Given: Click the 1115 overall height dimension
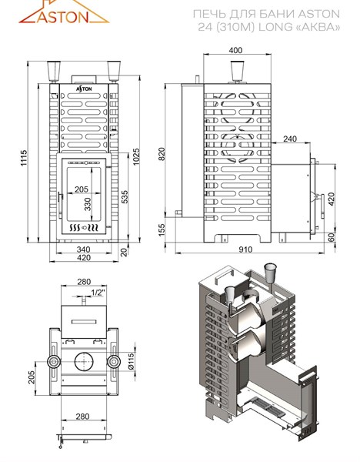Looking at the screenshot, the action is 24,158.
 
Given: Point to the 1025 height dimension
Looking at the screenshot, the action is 136,156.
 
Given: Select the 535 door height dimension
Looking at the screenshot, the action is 125,197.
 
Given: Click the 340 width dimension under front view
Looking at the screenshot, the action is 83,249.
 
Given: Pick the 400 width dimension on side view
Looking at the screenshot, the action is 236,50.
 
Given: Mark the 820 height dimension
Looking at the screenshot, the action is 162,154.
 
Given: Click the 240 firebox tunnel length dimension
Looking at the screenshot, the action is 290,139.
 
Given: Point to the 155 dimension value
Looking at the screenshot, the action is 162,229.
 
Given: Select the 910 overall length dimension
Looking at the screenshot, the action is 245,249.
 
